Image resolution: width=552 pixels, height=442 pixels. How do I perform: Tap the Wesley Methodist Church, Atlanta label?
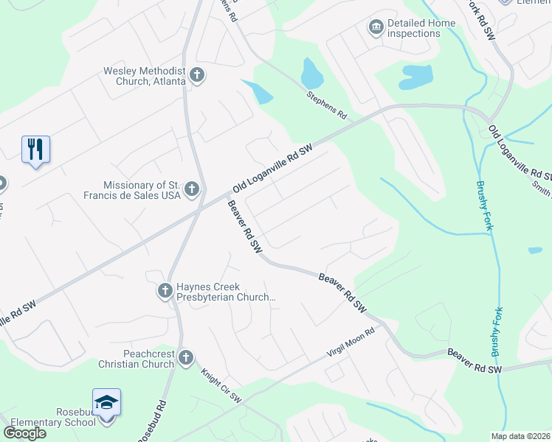tap(145, 76)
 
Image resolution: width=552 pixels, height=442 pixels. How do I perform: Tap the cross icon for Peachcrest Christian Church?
tap(185, 359)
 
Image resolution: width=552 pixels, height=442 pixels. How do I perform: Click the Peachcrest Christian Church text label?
tap(137, 359)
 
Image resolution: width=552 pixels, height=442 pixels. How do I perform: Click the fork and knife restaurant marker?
tap(35, 150)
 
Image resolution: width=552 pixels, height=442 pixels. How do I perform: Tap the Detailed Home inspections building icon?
tap(376, 28)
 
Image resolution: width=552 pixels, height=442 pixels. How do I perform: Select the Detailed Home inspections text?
tap(421, 28)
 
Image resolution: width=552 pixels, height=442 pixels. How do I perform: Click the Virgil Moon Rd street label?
tap(351, 343)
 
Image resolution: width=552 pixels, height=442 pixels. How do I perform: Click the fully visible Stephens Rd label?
tap(327, 105)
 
